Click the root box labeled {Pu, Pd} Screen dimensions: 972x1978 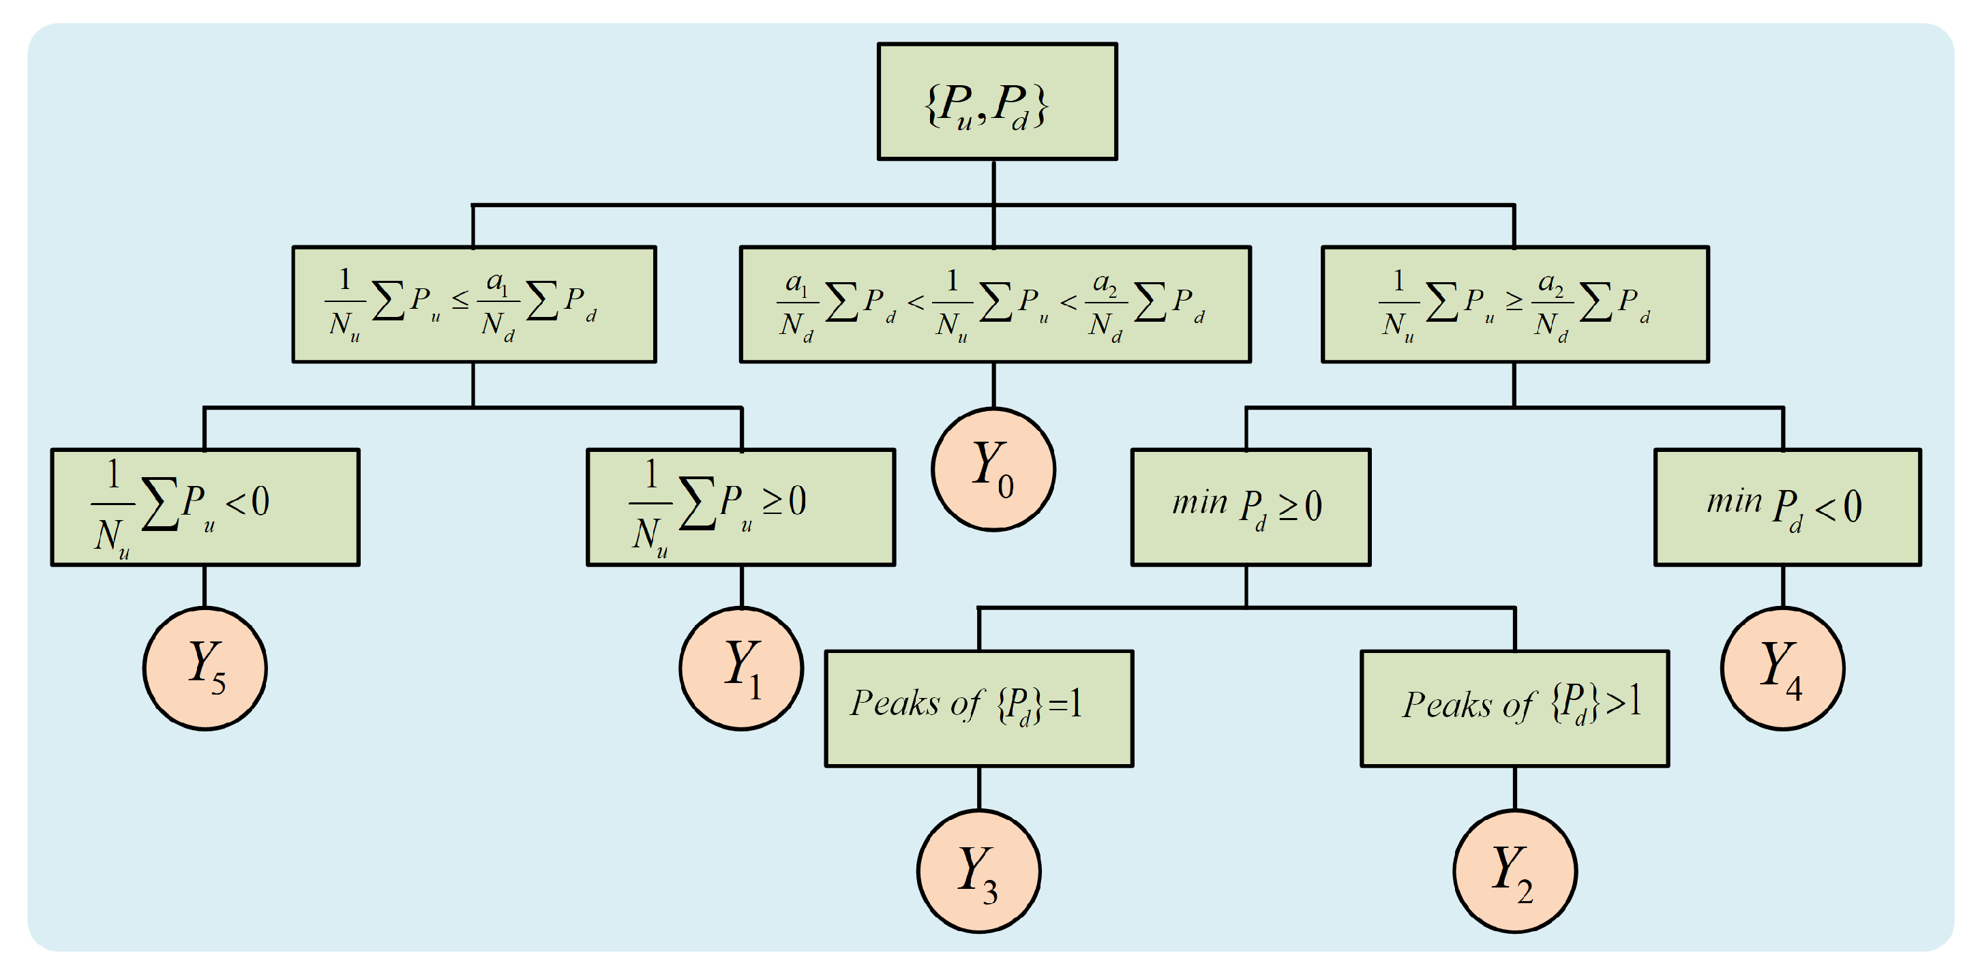[x=997, y=102]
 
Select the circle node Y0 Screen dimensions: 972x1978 [x=993, y=469]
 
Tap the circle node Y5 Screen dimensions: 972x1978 [x=205, y=668]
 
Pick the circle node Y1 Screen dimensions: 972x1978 [x=741, y=668]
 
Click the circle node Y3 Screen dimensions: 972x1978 [x=979, y=870]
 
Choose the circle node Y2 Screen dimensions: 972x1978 [x=1514, y=870]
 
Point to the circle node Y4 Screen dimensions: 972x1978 [x=1782, y=668]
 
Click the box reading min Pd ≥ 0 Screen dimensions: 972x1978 [x=1250, y=506]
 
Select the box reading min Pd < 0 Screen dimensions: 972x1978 [x=1787, y=506]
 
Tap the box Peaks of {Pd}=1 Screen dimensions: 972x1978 [x=979, y=708]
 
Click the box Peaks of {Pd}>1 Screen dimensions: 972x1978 [x=1514, y=708]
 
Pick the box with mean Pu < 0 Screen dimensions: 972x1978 [x=205, y=506]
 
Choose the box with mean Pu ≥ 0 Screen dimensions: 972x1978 [x=741, y=506]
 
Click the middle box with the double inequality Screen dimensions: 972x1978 [x=994, y=304]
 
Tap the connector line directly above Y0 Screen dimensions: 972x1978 [x=993, y=385]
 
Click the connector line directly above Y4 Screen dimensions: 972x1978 [x=1782, y=587]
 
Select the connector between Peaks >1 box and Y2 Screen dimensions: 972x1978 [x=1514, y=788]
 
